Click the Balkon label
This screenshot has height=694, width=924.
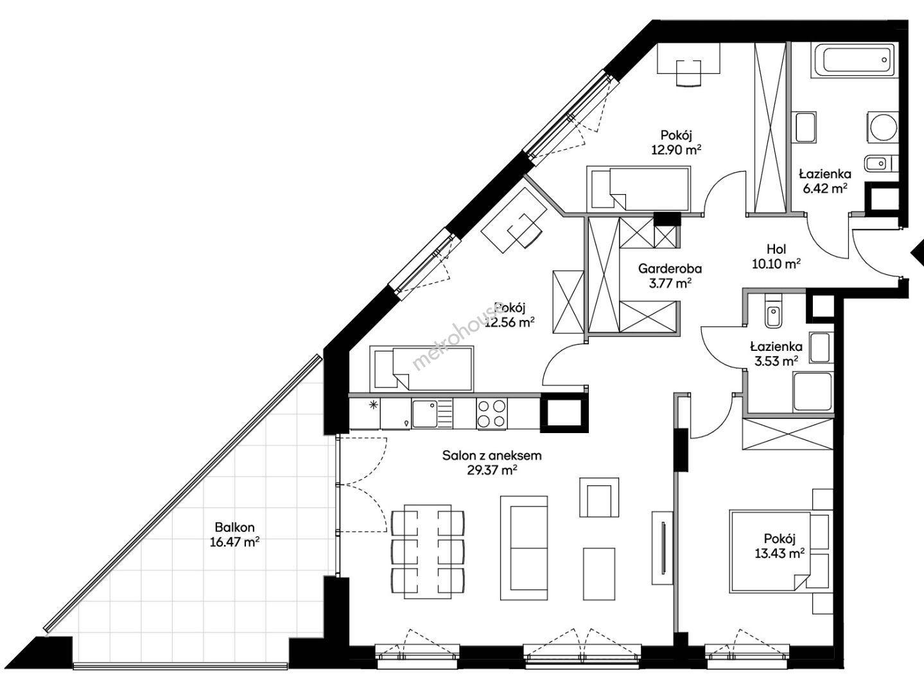[x=234, y=527]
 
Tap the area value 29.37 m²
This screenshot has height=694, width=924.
[x=492, y=470]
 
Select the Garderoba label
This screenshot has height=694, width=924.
[x=670, y=269]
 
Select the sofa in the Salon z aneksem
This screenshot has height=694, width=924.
[x=524, y=548]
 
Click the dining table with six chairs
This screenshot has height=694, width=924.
[x=428, y=551]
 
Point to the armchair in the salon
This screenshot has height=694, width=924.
[x=599, y=497]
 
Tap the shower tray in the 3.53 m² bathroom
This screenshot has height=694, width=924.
[x=812, y=392]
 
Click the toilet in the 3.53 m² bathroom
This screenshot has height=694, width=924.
[x=773, y=312]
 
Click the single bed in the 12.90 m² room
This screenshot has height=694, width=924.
[x=639, y=189]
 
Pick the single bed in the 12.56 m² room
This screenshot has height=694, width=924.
[x=421, y=369]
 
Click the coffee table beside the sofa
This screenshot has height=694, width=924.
[x=599, y=574]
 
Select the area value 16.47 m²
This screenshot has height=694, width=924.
[x=234, y=542]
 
